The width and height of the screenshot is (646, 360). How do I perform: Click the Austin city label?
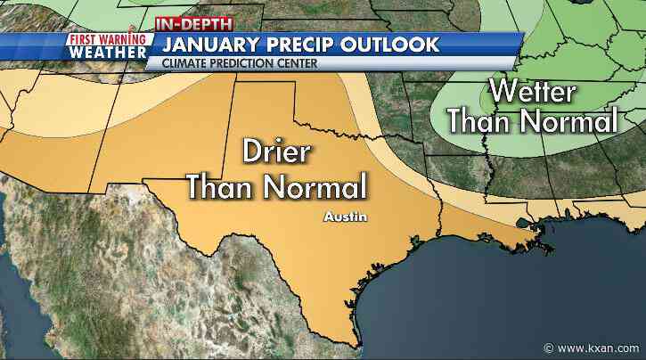point(348,217)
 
